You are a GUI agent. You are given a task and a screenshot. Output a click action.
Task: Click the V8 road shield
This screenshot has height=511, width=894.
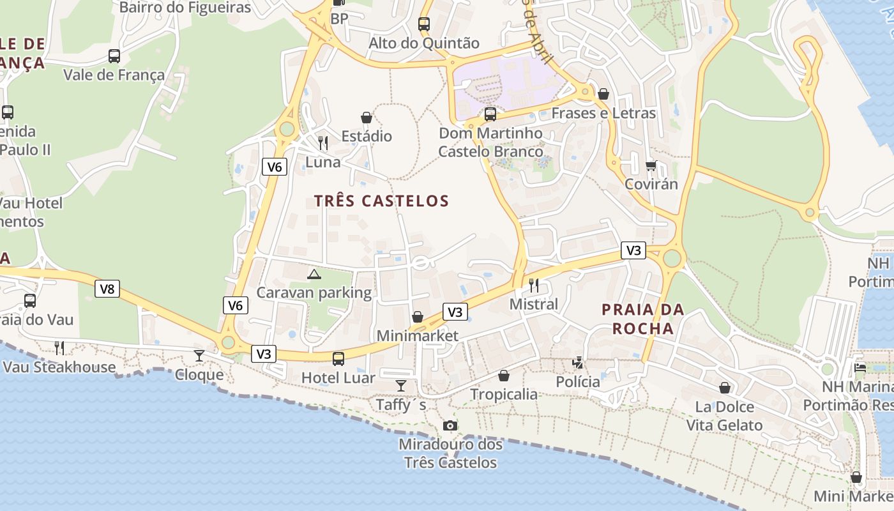coord(107,289)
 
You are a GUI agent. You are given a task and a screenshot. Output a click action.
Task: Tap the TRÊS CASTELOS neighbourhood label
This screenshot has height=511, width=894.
coord(381,201)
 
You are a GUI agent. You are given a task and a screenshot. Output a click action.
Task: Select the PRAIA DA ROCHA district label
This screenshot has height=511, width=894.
coord(642,319)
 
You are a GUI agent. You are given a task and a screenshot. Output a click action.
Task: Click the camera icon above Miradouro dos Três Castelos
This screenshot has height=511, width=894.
coord(450,425)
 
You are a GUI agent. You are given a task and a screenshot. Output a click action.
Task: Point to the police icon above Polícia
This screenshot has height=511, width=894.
coord(578,363)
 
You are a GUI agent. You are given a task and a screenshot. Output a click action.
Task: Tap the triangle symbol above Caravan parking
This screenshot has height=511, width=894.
coord(314,275)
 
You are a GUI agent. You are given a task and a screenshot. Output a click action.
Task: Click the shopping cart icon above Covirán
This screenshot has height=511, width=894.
coord(651,165)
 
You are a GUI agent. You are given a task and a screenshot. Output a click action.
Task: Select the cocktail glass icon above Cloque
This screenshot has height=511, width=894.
coord(199,355)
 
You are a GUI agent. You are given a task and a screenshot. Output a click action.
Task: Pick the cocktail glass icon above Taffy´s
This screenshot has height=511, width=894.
coord(400,385)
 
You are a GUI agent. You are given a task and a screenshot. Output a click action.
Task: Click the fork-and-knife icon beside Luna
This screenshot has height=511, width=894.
coord(323,142)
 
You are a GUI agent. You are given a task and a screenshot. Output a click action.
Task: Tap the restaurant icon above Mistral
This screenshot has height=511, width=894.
coord(534,285)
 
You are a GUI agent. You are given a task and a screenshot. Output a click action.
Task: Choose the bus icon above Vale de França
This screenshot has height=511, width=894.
coord(114,56)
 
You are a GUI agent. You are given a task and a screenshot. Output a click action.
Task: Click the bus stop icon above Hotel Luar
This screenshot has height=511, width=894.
coord(338,358)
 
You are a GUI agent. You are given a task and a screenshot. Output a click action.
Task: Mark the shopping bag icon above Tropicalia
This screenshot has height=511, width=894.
coord(504,375)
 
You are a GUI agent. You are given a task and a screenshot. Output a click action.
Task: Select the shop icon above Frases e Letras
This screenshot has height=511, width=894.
coord(603,94)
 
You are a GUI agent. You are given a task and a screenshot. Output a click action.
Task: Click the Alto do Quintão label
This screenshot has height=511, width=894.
coord(424,43)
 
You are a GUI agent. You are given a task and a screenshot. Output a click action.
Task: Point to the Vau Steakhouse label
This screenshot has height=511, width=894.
coord(59,367)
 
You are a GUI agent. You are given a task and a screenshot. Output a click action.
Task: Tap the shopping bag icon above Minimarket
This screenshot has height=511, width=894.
coord(418,317)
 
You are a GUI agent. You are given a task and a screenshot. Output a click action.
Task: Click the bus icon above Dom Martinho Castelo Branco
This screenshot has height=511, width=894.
coord(490,114)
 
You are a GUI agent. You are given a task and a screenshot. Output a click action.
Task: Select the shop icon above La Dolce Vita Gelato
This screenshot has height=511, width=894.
coord(725,388)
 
